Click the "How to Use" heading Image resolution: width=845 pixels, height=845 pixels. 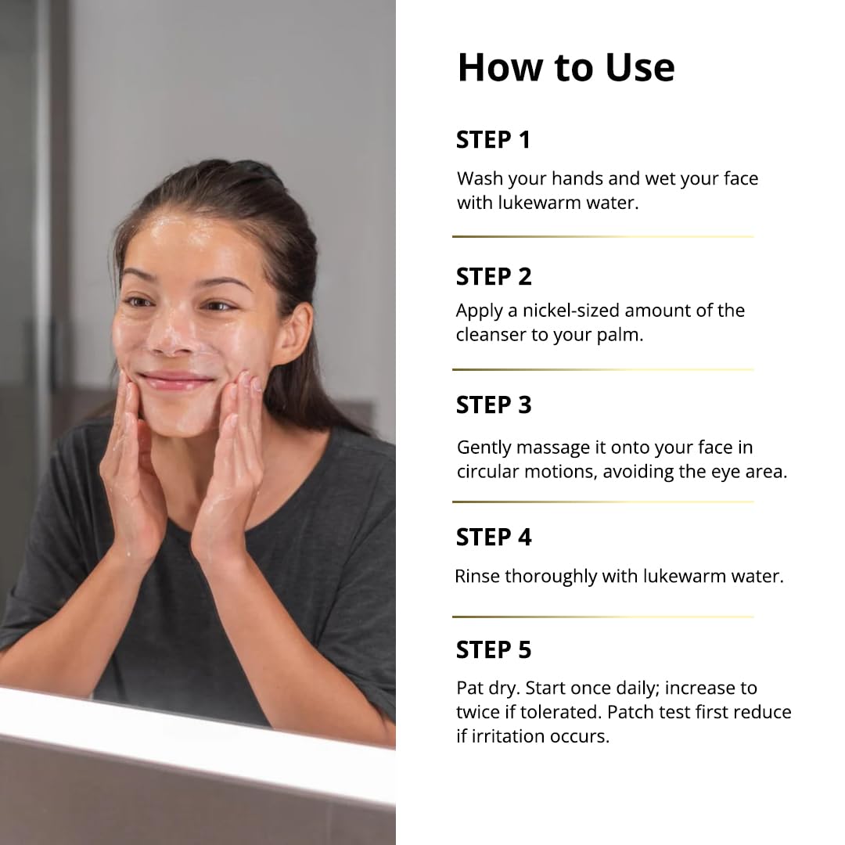pos(566,67)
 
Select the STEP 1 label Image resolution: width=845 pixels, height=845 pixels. pos(493,140)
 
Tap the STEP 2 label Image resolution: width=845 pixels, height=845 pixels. pos(494,276)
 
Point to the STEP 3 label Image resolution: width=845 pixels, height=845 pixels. pos(494,405)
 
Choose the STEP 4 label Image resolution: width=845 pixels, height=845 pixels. pos(494,538)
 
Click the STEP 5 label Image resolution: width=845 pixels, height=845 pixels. pos(494,650)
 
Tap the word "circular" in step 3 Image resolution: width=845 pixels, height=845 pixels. pos(488,472)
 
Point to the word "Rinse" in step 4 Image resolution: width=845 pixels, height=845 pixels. pos(477,577)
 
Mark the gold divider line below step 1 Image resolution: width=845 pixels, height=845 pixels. pos(602,236)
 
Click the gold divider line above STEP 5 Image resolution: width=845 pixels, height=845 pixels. pos(602,617)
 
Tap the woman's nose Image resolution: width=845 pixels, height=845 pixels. pos(177,329)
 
